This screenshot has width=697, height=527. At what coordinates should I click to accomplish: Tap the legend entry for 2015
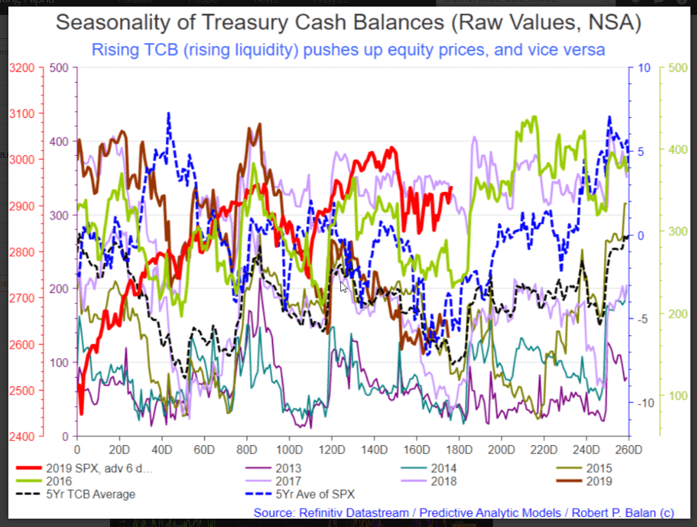[x=600, y=469]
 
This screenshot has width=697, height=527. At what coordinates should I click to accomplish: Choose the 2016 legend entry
[x=59, y=481]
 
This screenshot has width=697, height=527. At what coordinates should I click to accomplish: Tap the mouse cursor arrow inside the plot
[x=343, y=287]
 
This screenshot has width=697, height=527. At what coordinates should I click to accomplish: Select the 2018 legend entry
[x=443, y=481]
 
